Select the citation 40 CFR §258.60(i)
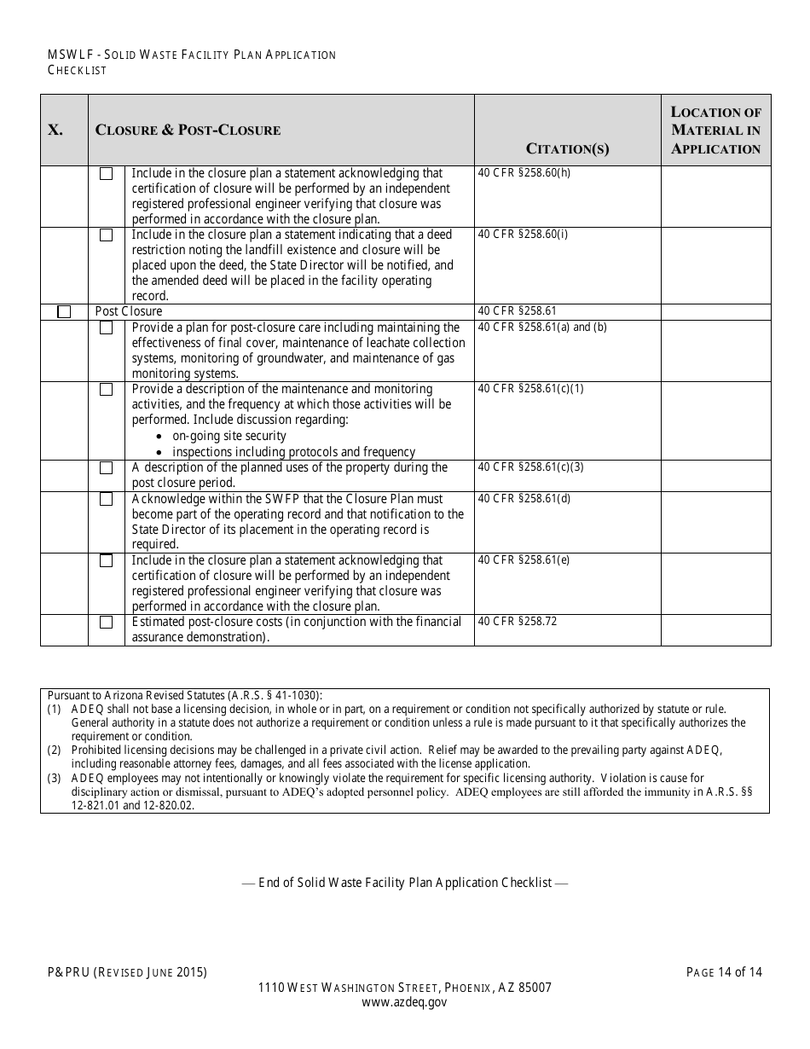coord(523,235)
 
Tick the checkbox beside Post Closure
coord(64,312)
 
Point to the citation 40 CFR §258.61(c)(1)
coord(530,389)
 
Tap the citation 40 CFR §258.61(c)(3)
coord(530,467)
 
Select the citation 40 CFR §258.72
coord(518,622)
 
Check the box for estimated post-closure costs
coord(106,623)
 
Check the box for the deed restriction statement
coord(106,235)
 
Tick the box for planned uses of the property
coord(106,468)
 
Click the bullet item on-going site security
coord(229,436)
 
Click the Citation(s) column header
coord(568,149)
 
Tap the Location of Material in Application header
coord(715,130)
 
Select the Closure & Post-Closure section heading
coord(188,130)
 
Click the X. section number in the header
coord(55,130)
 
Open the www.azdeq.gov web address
coord(405,1003)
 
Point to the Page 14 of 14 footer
coord(724,971)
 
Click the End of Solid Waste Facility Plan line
coord(405,883)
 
